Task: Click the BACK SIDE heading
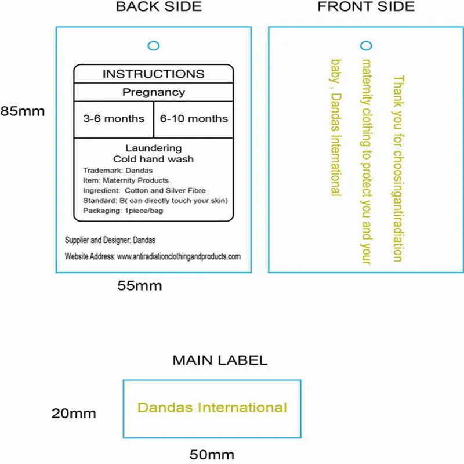click(159, 7)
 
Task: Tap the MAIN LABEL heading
click(220, 360)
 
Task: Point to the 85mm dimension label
click(23, 111)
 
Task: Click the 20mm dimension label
click(74, 414)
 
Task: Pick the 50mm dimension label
click(212, 454)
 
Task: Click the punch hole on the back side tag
click(153, 45)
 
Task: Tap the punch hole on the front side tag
click(366, 45)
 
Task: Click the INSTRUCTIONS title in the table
click(153, 74)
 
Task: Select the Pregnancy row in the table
click(153, 92)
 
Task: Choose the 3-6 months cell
click(114, 118)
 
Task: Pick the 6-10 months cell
click(194, 118)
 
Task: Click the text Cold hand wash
click(153, 159)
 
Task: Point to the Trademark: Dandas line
click(118, 171)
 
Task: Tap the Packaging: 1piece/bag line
click(123, 210)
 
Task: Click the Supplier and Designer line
click(110, 240)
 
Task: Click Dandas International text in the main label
click(212, 408)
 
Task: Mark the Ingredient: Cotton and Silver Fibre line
click(144, 190)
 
